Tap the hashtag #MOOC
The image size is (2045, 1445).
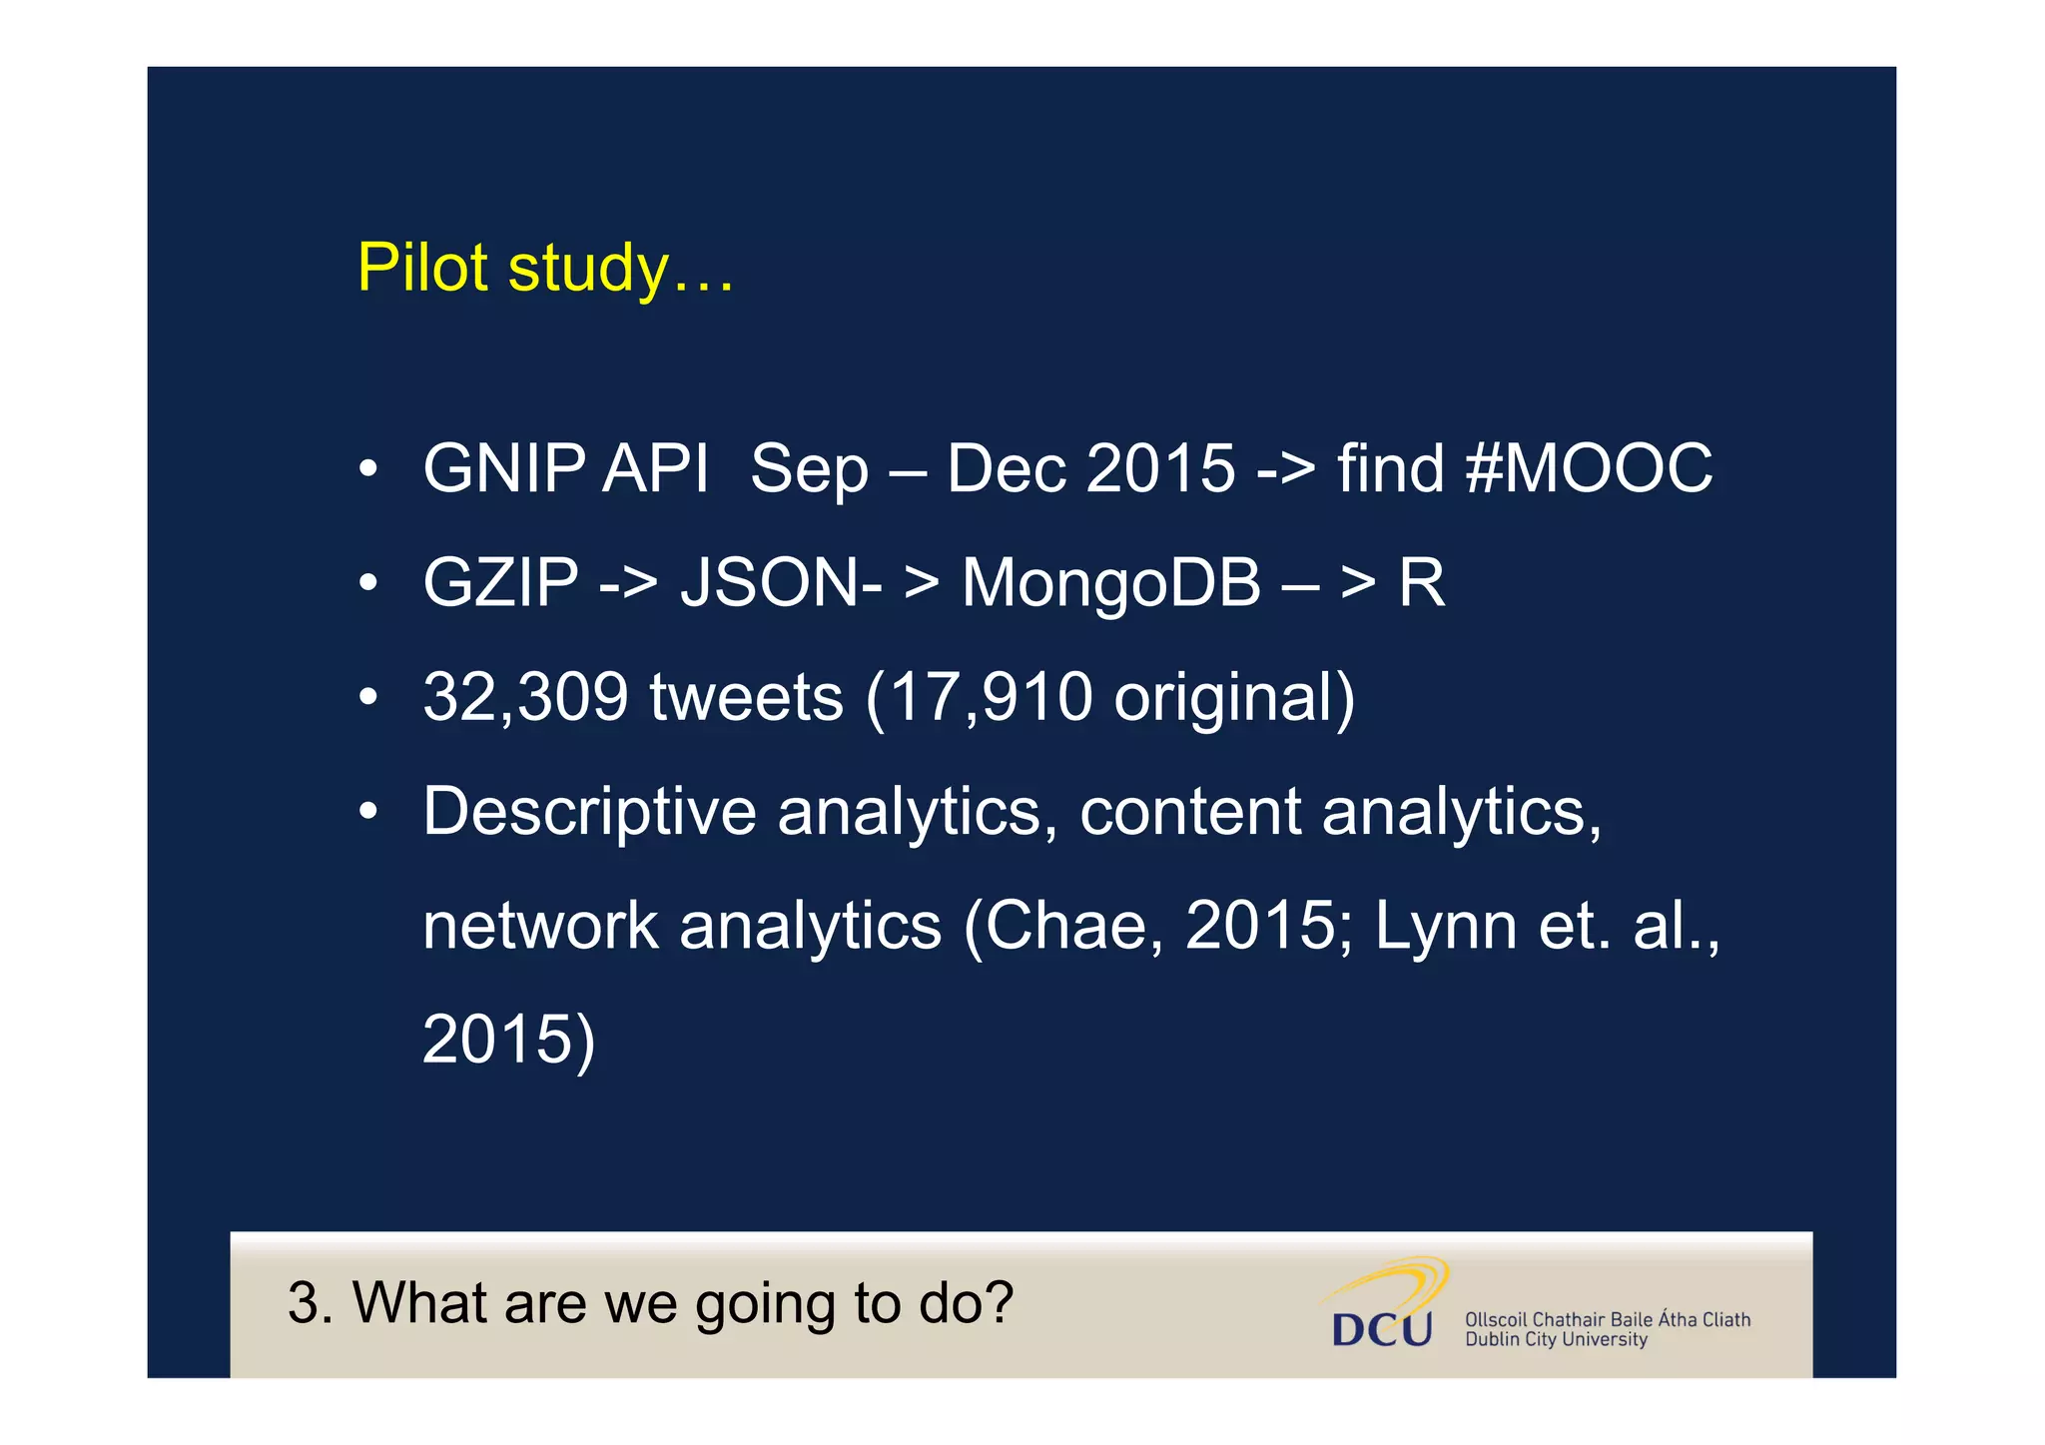[x=1589, y=468]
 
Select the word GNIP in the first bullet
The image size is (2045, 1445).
[x=503, y=468]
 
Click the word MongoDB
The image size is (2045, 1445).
[x=1110, y=582]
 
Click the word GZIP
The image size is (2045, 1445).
[x=500, y=582]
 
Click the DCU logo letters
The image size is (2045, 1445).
[x=1382, y=1329]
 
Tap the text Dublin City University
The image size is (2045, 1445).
[x=1555, y=1340]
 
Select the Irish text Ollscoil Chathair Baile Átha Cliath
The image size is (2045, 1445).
[x=1607, y=1319]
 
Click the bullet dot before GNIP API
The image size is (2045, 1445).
[x=368, y=468]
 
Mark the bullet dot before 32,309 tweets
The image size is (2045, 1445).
[x=368, y=697]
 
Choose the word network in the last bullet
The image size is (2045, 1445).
[x=540, y=925]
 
